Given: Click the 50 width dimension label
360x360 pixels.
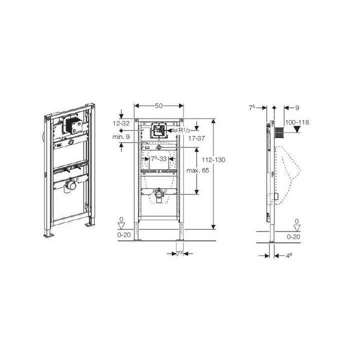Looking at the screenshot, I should (159, 106).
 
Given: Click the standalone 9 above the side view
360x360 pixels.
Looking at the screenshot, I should (296, 106).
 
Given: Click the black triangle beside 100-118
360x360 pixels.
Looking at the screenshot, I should (297, 129).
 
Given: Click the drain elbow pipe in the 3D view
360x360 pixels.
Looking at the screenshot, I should (69, 186).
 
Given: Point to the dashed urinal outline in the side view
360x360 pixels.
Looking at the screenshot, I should (290, 172).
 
